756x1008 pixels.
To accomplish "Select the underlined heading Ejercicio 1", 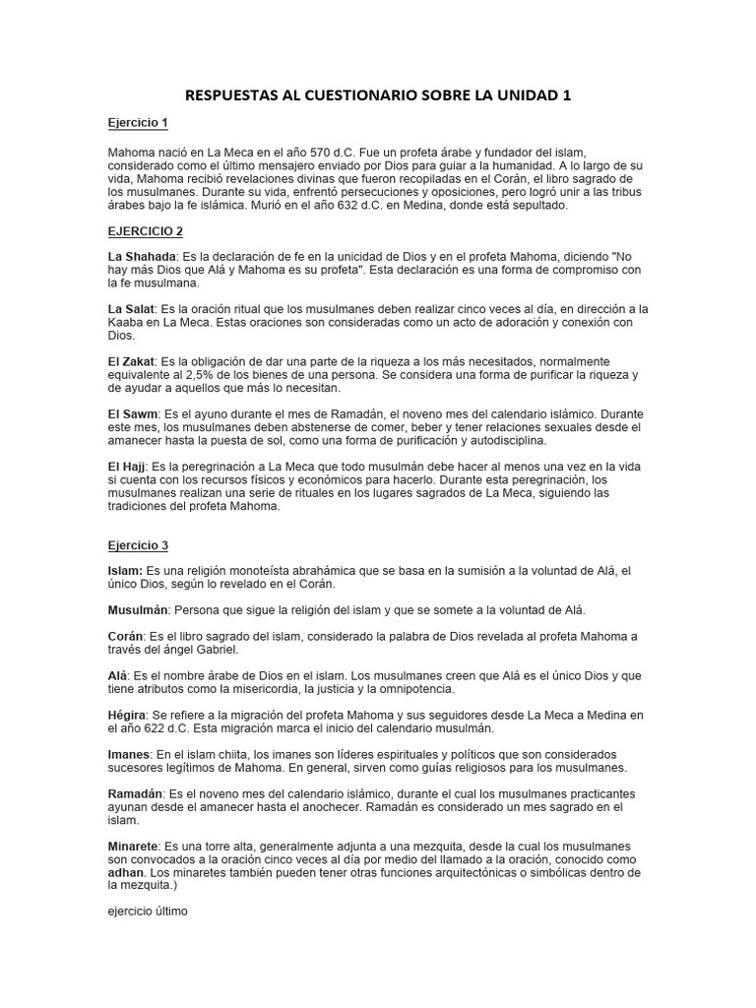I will (138, 123).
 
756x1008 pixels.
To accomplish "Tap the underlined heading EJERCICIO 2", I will (146, 231).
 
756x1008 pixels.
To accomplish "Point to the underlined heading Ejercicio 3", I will (138, 544).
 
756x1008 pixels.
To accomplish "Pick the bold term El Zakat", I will (132, 362).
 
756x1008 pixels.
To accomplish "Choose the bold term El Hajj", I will (129, 466).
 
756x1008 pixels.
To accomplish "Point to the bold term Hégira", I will (130, 715).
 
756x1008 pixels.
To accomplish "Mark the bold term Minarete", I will (135, 847).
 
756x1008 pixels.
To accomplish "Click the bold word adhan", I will (125, 872).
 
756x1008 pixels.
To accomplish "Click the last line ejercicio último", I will (148, 912).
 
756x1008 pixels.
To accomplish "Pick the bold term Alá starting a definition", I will (119, 675).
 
